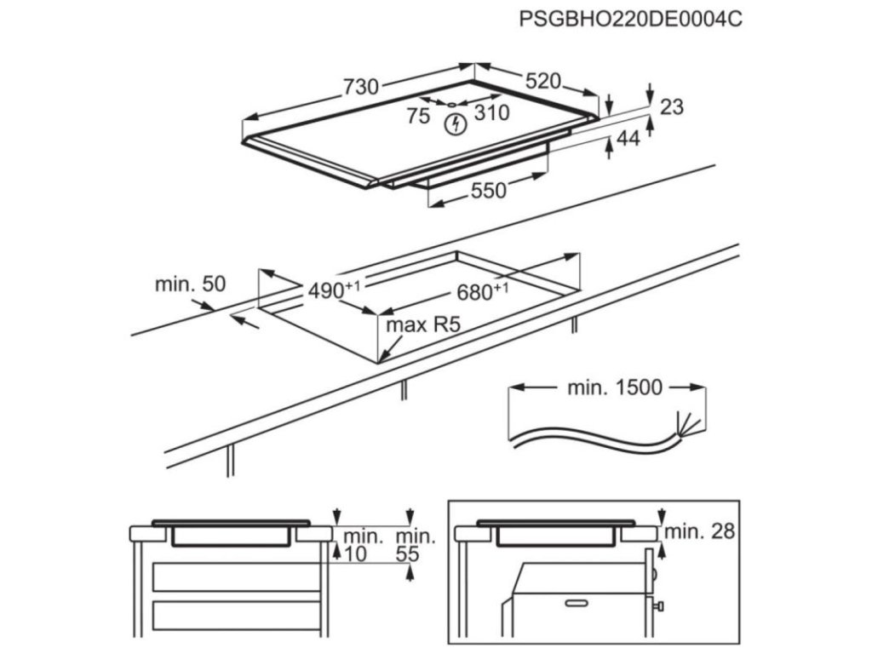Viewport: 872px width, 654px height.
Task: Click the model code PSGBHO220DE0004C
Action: pyautogui.click(x=630, y=19)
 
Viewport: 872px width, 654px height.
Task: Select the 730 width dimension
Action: pyautogui.click(x=360, y=87)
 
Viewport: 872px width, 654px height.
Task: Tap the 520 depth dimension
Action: pyautogui.click(x=542, y=81)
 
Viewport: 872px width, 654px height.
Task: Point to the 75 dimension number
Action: pyautogui.click(x=418, y=117)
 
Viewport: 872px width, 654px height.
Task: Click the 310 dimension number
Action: pyautogui.click(x=491, y=112)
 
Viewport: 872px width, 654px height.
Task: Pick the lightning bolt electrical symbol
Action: pyautogui.click(x=456, y=124)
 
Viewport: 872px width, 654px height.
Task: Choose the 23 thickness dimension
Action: pyautogui.click(x=672, y=106)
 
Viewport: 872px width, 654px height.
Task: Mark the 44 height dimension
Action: pyautogui.click(x=628, y=139)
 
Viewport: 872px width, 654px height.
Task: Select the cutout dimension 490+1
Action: pyautogui.click(x=333, y=290)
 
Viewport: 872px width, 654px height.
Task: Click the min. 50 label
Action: pyautogui.click(x=190, y=284)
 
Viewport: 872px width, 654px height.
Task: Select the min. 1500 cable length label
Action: pyautogui.click(x=614, y=388)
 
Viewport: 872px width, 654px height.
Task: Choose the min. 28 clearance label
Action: pyautogui.click(x=699, y=532)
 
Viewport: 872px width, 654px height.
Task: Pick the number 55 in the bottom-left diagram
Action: pyautogui.click(x=409, y=554)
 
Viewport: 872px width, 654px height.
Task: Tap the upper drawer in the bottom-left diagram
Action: pyautogui.click(x=235, y=577)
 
